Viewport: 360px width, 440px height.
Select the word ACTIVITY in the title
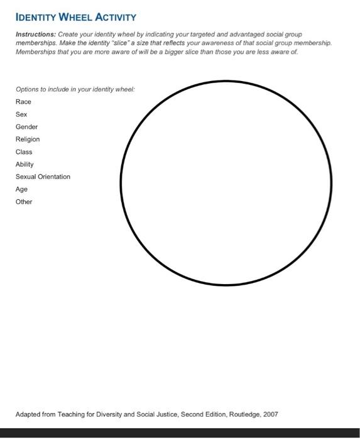(116, 17)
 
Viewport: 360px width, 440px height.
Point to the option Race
(23, 102)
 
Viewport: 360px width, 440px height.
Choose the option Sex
(21, 114)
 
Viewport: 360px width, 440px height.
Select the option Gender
(26, 127)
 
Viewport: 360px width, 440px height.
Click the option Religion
(28, 139)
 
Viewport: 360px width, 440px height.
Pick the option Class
(24, 151)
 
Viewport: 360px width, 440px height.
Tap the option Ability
(25, 164)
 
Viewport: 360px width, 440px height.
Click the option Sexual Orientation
(43, 177)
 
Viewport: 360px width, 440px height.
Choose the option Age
(21, 189)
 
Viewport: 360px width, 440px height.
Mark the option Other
(24, 202)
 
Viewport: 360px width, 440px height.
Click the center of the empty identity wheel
(226, 183)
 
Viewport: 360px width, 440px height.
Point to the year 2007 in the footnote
(270, 414)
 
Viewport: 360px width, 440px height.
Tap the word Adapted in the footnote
(28, 414)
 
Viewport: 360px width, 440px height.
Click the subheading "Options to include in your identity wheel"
(75, 89)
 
